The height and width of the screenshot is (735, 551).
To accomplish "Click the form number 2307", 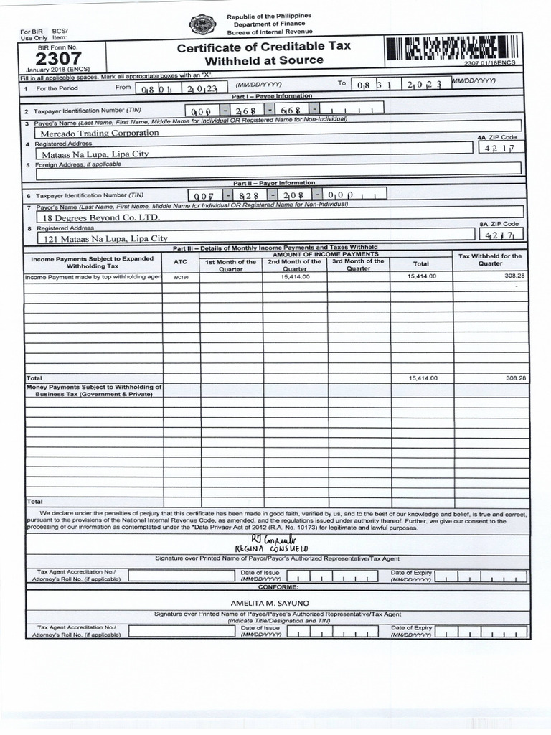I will tap(63, 58).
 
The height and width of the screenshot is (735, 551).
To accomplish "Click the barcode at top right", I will tap(452, 50).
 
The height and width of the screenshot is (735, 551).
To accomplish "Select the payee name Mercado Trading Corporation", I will tap(100, 133).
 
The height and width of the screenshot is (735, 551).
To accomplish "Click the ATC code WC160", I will tap(181, 276).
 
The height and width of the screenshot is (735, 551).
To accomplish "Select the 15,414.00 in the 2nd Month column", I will tap(295, 276).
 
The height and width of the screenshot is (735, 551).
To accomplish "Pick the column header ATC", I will tap(181, 262).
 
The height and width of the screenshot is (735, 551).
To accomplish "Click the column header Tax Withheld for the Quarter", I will tap(490, 259).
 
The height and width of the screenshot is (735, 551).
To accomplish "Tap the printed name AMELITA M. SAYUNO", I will tap(269, 603).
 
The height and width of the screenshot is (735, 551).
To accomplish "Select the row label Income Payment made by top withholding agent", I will tap(93, 276).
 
